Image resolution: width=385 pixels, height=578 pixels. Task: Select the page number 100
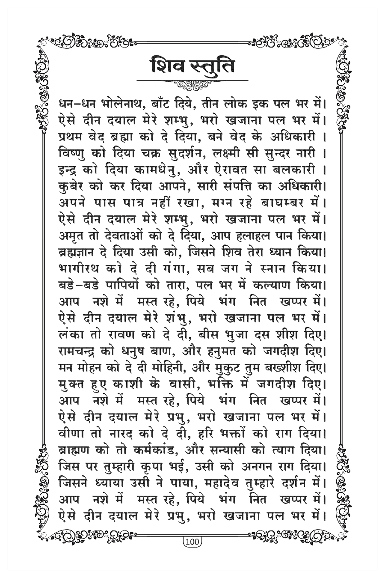coord(192,542)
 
